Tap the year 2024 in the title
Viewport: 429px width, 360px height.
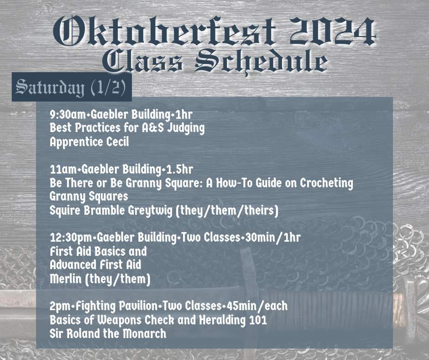pyautogui.click(x=332, y=31)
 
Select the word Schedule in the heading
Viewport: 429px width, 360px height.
pyautogui.click(x=262, y=61)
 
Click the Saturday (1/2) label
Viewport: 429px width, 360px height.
pyautogui.click(x=71, y=87)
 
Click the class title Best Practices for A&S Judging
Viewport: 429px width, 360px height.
pyautogui.click(x=127, y=128)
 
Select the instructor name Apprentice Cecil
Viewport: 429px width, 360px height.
pyautogui.click(x=89, y=142)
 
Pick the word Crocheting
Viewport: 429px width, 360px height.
pyautogui.click(x=326, y=183)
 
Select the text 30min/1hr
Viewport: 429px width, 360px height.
pyautogui.click(x=273, y=237)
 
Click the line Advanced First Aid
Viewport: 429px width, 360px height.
pyautogui.click(x=95, y=265)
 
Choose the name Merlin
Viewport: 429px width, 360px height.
pyautogui.click(x=66, y=279)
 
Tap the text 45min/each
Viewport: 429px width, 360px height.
pyautogui.click(x=257, y=306)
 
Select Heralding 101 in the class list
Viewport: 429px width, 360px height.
pyautogui.click(x=233, y=320)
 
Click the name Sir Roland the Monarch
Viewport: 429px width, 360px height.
pyautogui.click(x=108, y=334)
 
